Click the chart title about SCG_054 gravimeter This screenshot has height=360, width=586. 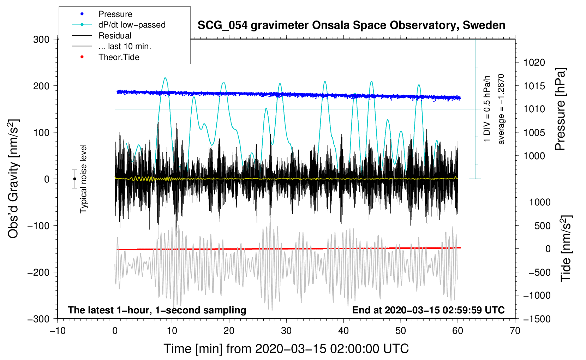click(351, 25)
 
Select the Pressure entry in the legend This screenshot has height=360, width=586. click(115, 14)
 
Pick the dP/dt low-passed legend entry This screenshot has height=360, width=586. click(132, 25)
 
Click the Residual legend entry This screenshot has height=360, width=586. click(115, 36)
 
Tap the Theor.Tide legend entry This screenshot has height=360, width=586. click(119, 57)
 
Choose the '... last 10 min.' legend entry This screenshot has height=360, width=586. click(125, 46)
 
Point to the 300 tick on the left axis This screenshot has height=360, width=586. click(41, 40)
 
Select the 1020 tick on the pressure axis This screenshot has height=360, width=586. click(534, 63)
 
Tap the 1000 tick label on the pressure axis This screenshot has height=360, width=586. click(534, 156)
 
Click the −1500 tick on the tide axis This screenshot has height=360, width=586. click(537, 319)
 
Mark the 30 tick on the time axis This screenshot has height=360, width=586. click(286, 331)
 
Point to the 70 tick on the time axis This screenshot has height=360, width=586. click(515, 331)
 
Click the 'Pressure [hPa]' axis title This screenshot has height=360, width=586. click(560, 109)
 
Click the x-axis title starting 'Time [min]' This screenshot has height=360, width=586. click(286, 349)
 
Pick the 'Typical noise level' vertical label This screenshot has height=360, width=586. click(83, 179)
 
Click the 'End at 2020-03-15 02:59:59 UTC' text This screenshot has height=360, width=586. click(428, 310)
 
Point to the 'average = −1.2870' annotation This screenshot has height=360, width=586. click(501, 109)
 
